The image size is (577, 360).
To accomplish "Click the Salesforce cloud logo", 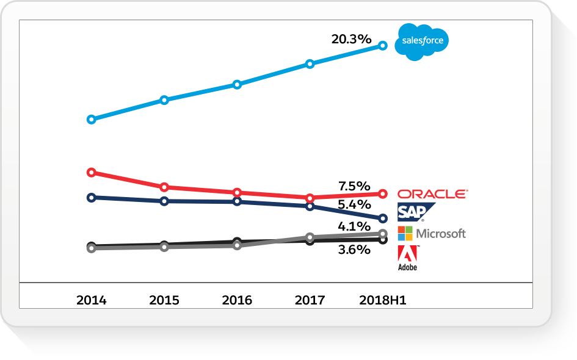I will click(421, 41).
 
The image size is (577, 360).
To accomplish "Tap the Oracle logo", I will click(432, 194).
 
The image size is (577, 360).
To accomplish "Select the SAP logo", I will click(415, 212).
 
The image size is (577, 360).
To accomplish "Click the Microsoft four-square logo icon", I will click(405, 233).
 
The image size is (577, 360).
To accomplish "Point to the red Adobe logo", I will click(407, 254).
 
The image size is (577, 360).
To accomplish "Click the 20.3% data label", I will click(351, 39).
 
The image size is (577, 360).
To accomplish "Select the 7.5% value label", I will click(354, 185).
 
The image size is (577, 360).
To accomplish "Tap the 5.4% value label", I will click(354, 205).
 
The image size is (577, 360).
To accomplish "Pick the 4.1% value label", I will click(354, 227).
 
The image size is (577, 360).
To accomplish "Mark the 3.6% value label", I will click(354, 250).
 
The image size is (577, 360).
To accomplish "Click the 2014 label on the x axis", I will click(91, 300).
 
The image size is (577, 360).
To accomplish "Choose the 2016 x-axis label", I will click(237, 300).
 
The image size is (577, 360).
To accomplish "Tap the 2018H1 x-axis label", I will click(383, 300).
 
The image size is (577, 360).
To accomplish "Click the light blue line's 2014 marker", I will click(92, 120).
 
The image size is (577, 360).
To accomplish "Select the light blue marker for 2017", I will click(310, 63).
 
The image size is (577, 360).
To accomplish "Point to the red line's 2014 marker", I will click(92, 172).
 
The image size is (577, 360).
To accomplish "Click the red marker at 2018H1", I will click(383, 193).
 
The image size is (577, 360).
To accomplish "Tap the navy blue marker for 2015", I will click(164, 201).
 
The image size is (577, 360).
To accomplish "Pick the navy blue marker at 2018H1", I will click(383, 218).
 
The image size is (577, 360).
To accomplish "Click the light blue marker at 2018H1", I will click(383, 45).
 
